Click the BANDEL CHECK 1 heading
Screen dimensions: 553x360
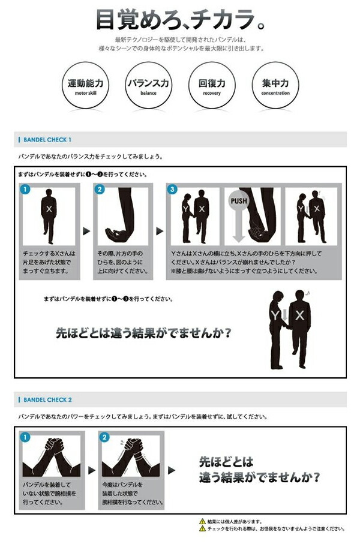click(x=47, y=140)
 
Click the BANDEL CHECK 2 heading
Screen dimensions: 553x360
click(x=47, y=399)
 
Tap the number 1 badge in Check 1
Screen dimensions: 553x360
click(x=25, y=190)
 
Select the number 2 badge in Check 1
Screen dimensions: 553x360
click(x=100, y=190)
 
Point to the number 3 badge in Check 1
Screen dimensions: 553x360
click(x=173, y=190)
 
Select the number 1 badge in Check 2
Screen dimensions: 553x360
click(x=25, y=438)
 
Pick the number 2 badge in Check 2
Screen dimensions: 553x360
click(x=104, y=438)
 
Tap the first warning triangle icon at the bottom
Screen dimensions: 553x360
click(x=202, y=522)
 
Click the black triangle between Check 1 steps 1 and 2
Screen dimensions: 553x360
click(x=86, y=230)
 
